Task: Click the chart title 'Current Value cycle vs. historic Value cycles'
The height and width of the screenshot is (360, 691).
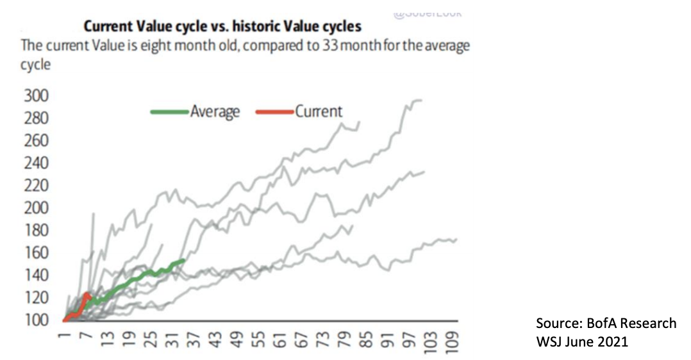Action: pyautogui.click(x=222, y=27)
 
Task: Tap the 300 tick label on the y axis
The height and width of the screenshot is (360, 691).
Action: pyautogui.click(x=37, y=96)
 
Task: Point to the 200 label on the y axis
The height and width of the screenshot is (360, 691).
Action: pyautogui.click(x=37, y=208)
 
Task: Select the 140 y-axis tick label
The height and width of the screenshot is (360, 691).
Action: pyautogui.click(x=37, y=275)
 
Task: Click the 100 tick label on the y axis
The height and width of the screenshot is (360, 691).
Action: pyautogui.click(x=37, y=320)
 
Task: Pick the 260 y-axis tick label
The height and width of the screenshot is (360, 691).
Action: pyautogui.click(x=37, y=141)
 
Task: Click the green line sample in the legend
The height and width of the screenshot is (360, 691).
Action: pyautogui.click(x=169, y=111)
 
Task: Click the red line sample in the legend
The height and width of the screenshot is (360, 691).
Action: pyautogui.click(x=274, y=111)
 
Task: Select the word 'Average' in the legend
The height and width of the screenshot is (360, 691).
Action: pyautogui.click(x=215, y=111)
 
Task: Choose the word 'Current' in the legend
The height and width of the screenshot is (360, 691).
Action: pyautogui.click(x=319, y=111)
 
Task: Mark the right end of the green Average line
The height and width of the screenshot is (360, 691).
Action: pyautogui.click(x=184, y=259)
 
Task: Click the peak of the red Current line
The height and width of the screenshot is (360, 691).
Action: pyautogui.click(x=87, y=295)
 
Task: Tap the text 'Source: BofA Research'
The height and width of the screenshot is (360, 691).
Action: pyautogui.click(x=606, y=323)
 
